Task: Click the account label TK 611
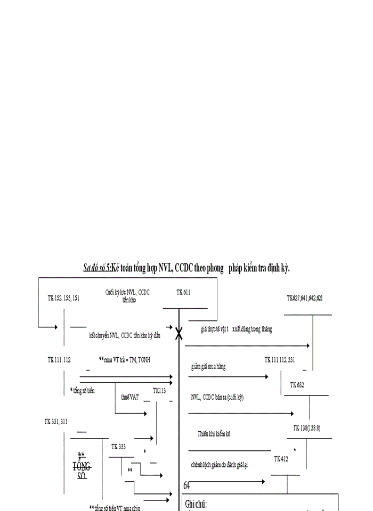(183, 292)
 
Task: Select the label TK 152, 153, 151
(63, 298)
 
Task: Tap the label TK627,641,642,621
(304, 298)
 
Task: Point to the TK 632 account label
(297, 385)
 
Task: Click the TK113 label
(159, 391)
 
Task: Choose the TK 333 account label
(118, 447)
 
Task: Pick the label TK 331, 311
(56, 422)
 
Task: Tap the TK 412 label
(281, 459)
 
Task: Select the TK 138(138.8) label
(307, 428)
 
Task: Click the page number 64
(186, 486)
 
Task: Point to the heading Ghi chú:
(196, 504)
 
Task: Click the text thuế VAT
(129, 397)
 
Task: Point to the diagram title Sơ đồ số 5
(96, 268)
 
